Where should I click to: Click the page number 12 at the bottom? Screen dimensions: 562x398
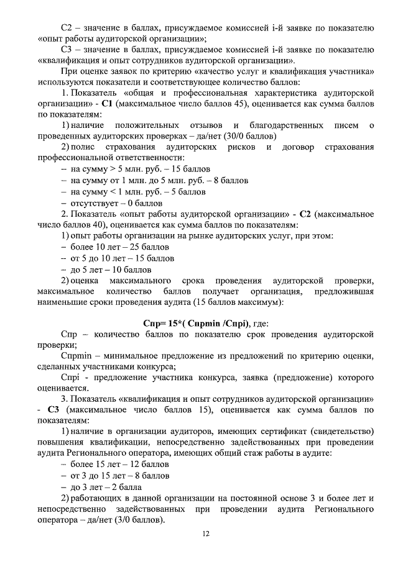point(205,533)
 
